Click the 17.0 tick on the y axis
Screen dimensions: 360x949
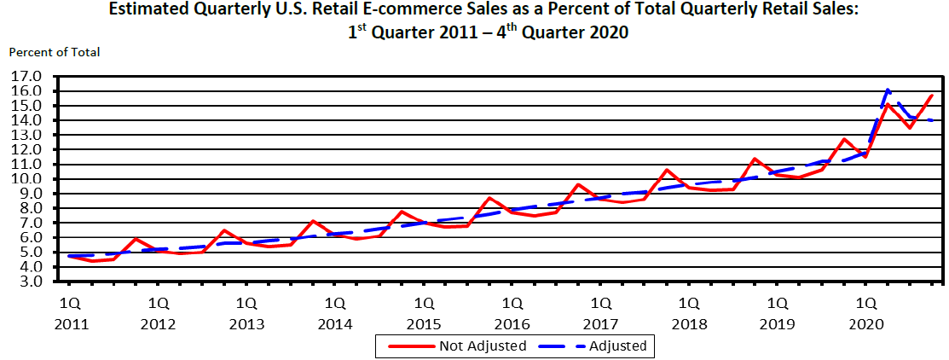[26, 76]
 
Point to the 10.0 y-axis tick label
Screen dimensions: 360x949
[26, 178]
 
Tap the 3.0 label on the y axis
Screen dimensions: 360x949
[26, 281]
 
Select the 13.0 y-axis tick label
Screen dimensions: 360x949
[26, 135]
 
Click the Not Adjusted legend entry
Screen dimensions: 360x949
[483, 345]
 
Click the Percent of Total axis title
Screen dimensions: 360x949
[55, 52]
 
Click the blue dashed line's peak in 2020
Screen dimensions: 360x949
[888, 89]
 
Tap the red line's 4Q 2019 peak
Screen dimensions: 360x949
[844, 138]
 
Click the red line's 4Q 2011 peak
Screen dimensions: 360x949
[136, 238]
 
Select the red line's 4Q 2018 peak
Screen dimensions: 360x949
[755, 158]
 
